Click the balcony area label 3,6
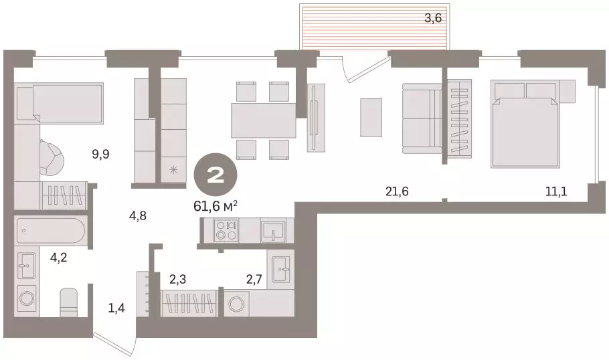coord(434,19)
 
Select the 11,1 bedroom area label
coord(556,192)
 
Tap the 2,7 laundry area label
coord(254,279)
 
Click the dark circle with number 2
coord(215,176)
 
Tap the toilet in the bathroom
coord(70,302)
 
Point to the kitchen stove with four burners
coord(226,231)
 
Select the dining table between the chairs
coord(262,120)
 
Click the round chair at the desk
coord(52,157)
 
